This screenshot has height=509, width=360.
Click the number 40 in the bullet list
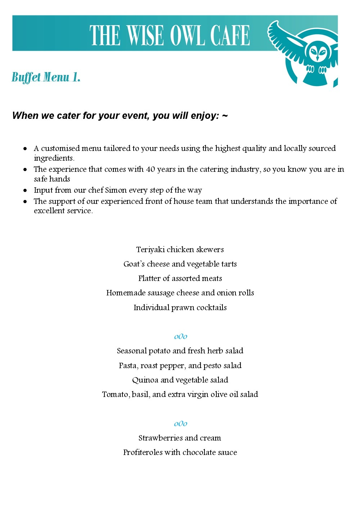coord(150,169)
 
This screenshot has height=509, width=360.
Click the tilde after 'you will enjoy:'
coord(225,116)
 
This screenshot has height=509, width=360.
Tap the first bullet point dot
coord(25,148)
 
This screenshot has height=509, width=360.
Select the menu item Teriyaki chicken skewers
coord(180,250)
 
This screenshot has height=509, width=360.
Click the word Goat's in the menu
coord(134,264)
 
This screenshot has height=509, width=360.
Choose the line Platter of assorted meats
coord(180,278)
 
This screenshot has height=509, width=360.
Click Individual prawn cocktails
coord(180,308)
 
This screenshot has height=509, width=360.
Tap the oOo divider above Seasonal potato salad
coord(180,336)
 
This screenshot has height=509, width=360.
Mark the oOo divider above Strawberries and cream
coord(180,424)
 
